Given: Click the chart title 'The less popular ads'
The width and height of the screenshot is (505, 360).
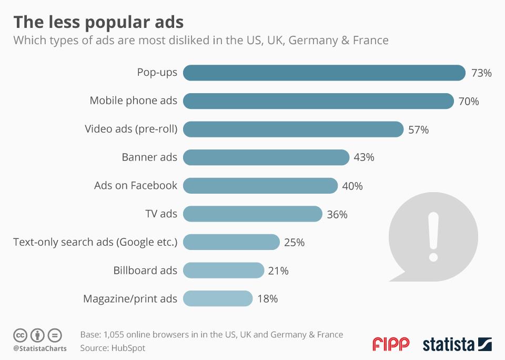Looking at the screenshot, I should (98, 22).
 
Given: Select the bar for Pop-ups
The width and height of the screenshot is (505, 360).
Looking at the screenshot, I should (324, 73).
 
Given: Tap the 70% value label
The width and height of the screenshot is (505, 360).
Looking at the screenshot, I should (469, 101).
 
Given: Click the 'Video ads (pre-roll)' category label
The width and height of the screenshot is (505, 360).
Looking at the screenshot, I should (131, 129).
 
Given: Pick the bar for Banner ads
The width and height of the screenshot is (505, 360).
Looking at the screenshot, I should (266, 157).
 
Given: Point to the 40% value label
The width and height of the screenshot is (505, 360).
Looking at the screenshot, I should (352, 186).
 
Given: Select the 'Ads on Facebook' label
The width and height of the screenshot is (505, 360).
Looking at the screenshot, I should (136, 185).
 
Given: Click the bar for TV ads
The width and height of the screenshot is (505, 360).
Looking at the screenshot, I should (252, 214).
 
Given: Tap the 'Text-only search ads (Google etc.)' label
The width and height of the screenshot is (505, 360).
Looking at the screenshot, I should (95, 242).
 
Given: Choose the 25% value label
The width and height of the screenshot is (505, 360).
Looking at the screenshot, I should (295, 243).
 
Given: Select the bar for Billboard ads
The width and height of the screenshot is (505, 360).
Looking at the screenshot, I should (223, 271).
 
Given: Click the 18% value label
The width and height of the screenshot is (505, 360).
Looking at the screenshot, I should (268, 299).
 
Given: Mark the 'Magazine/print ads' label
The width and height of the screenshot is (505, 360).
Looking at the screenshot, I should (130, 299).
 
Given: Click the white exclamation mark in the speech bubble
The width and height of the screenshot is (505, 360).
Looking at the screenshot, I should (433, 236).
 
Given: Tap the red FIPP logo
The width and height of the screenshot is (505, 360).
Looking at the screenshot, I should (391, 345).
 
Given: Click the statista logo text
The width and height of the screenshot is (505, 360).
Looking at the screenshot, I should (449, 345).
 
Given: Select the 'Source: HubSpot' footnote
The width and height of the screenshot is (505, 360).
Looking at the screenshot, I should (113, 348).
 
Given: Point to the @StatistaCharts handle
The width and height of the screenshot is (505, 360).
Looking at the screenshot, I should (40, 348).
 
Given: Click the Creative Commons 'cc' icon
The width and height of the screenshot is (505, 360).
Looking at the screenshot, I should (21, 335).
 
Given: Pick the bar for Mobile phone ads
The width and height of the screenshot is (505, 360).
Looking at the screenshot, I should (318, 101).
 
